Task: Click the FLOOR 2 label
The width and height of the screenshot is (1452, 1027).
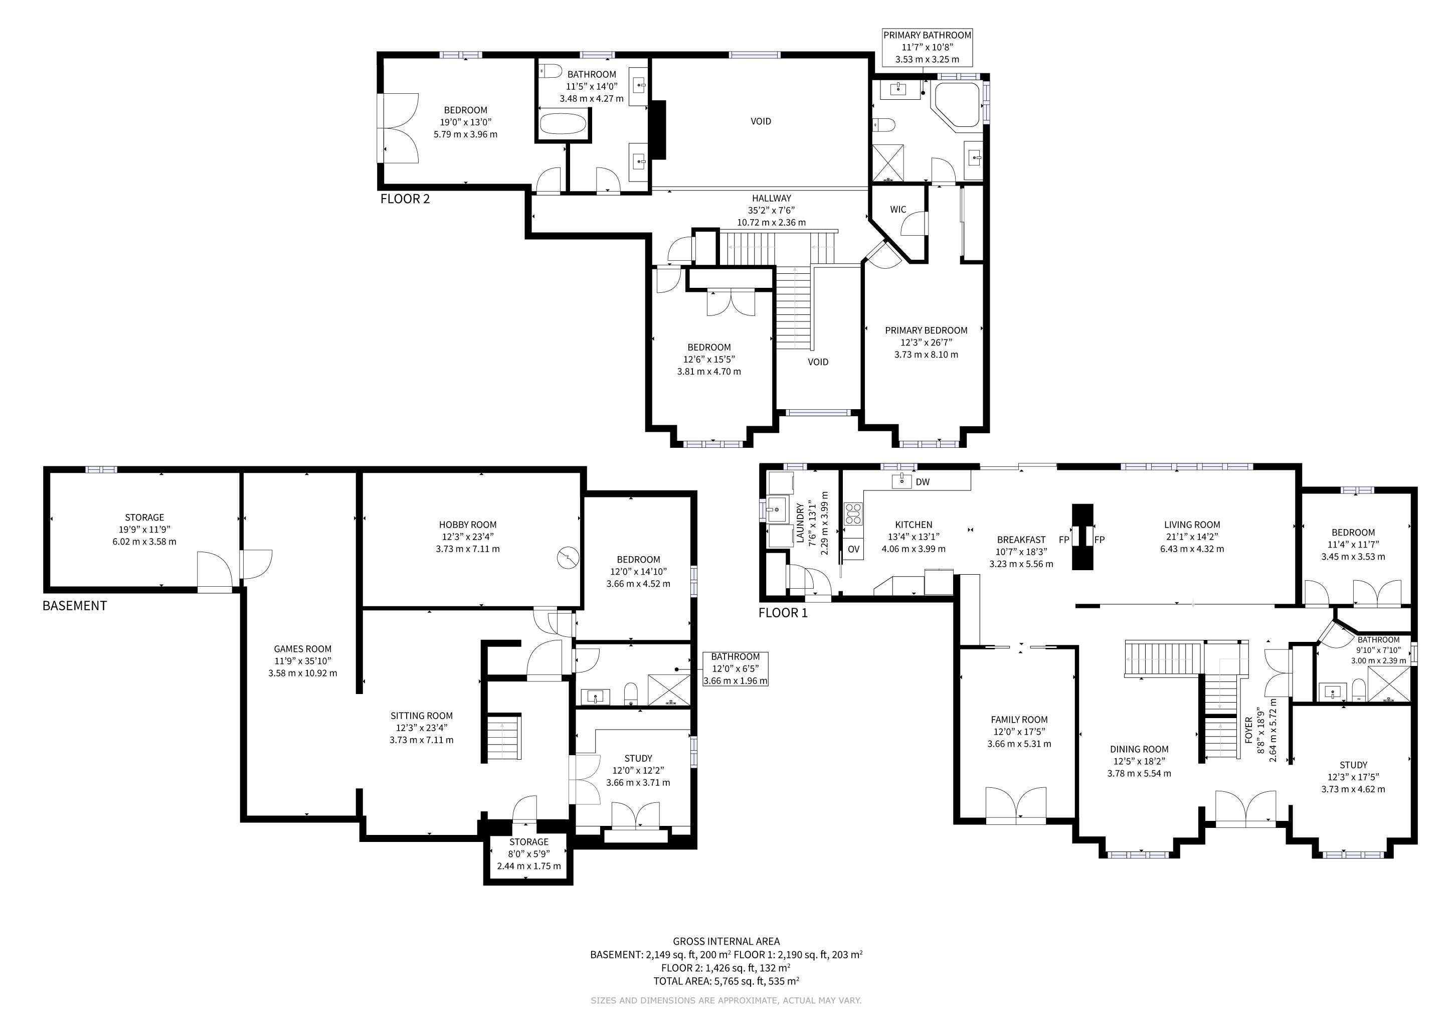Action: [405, 199]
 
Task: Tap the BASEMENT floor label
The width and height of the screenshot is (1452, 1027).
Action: [75, 606]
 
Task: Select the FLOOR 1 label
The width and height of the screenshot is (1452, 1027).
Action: [783, 613]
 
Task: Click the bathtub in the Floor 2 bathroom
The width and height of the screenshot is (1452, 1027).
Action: [564, 123]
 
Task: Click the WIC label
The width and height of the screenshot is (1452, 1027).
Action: [898, 209]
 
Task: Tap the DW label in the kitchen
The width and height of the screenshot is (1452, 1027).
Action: [923, 482]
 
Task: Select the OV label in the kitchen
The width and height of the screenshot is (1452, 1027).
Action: [854, 549]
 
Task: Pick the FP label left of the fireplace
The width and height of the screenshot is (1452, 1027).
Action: [1064, 540]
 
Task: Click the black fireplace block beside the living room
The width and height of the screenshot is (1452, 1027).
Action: [1082, 537]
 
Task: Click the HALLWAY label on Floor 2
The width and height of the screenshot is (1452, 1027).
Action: [771, 199]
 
